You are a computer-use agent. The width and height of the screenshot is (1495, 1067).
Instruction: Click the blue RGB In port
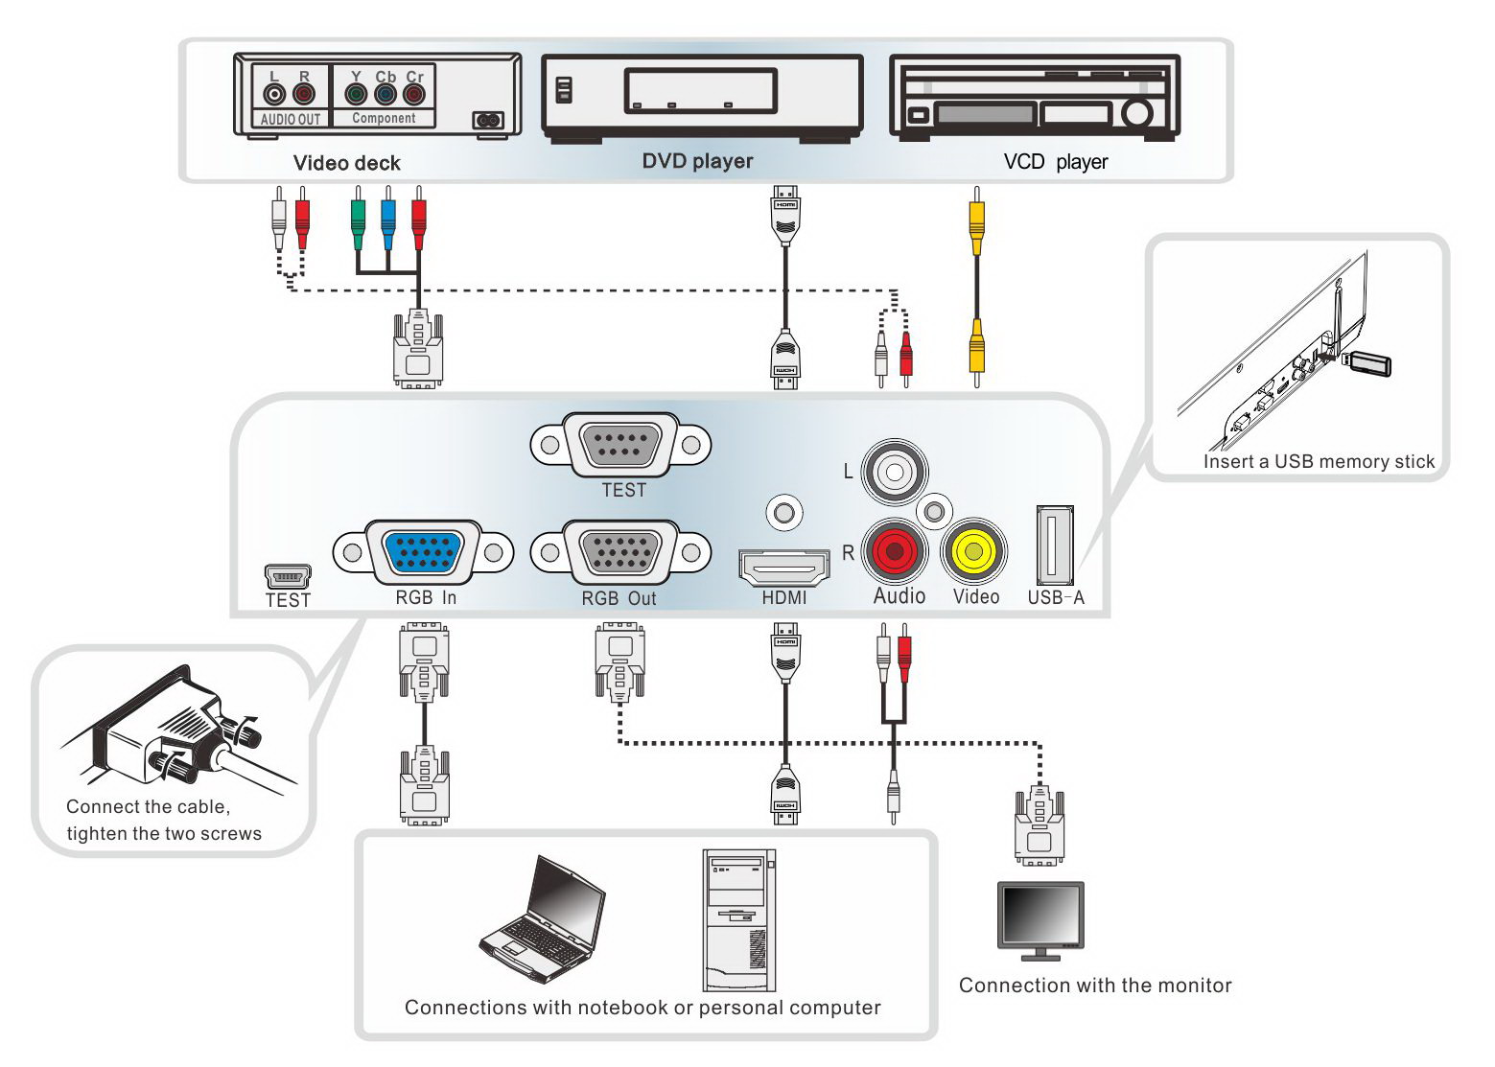pos(423,552)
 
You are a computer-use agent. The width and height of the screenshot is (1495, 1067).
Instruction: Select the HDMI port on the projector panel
pos(784,567)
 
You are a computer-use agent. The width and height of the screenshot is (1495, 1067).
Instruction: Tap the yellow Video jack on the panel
pos(973,552)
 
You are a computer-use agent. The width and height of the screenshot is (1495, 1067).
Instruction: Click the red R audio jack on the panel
pos(895,552)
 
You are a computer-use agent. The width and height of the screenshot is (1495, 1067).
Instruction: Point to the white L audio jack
pos(895,472)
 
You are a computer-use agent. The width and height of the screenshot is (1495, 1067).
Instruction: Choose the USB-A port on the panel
pos(1055,545)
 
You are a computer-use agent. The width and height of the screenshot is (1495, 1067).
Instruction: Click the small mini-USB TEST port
pos(288,576)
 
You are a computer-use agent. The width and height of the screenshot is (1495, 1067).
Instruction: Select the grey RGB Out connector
pos(620,552)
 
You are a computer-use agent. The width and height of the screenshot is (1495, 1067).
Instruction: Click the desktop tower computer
pos(738,920)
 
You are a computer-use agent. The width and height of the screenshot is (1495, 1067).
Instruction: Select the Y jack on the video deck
pos(356,94)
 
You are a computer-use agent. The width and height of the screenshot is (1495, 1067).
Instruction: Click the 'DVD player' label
pos(697,161)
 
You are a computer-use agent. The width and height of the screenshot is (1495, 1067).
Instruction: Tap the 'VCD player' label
pos(1056,161)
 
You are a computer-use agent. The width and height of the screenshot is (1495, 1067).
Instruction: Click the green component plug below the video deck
pos(358,219)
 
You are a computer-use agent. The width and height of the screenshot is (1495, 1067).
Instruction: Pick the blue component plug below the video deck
pos(387,219)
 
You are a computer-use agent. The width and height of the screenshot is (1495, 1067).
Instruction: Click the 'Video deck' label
pos(346,163)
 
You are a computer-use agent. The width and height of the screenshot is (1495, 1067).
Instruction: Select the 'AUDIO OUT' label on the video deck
pos(291,119)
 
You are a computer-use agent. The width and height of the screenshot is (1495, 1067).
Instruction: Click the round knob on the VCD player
pos(1136,113)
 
